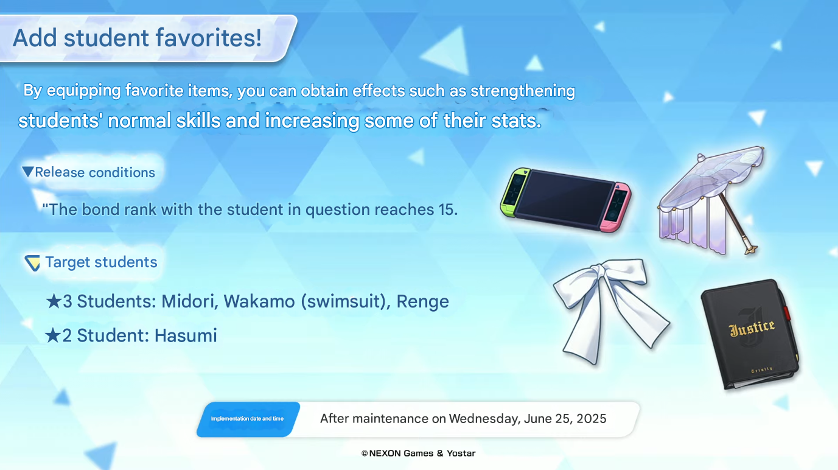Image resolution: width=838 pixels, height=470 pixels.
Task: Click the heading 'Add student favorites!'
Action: (137, 38)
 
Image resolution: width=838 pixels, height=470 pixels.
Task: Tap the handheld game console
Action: (565, 200)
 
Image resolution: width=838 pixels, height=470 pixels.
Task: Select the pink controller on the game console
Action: (615, 208)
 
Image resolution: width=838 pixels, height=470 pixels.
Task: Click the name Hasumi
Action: (186, 335)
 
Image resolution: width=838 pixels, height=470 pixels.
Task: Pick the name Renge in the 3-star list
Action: (422, 301)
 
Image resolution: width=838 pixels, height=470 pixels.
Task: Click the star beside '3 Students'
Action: (54, 301)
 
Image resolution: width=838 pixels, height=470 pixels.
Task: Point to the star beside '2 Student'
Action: (53, 335)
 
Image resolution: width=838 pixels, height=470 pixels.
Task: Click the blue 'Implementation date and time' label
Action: (247, 419)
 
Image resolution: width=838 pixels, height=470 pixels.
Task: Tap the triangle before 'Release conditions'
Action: (27, 172)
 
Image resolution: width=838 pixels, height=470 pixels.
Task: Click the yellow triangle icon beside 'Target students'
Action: (32, 262)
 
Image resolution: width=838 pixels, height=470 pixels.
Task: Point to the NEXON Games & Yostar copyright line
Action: (418, 453)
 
